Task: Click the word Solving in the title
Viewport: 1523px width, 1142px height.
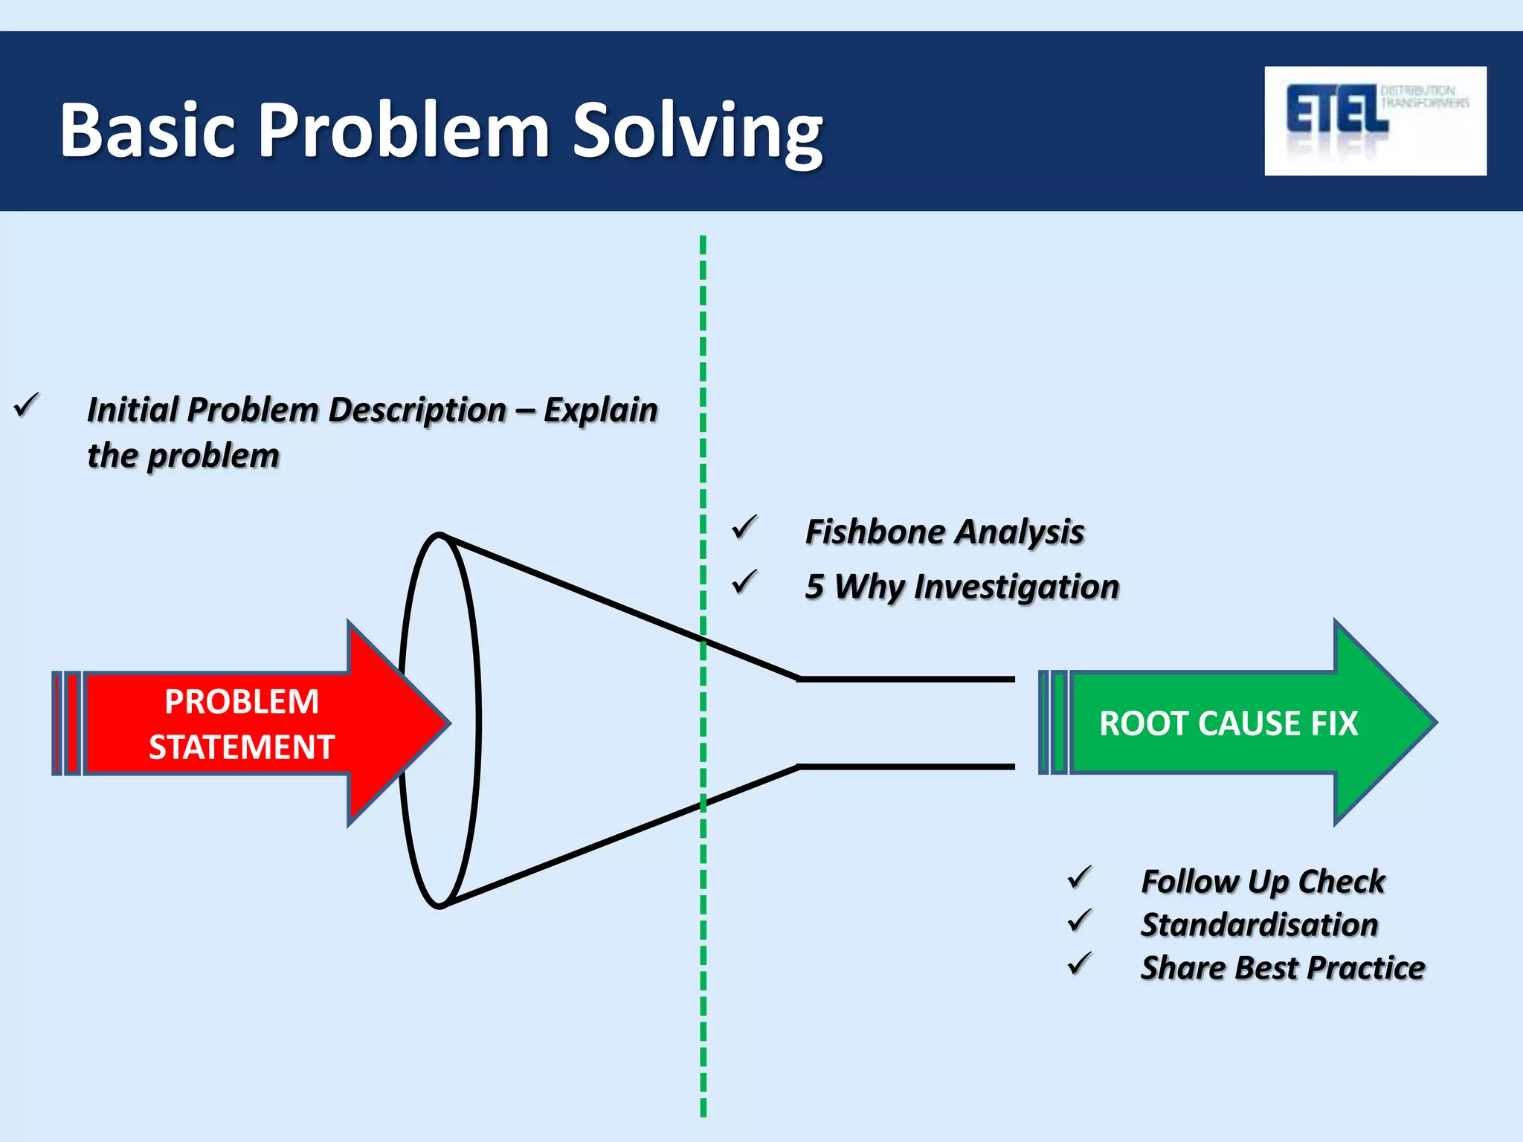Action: click(x=697, y=132)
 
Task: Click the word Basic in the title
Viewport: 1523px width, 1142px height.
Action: click(x=147, y=132)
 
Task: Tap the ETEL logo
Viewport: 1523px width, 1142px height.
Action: click(x=1374, y=120)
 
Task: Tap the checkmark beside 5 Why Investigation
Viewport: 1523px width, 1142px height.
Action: click(x=744, y=582)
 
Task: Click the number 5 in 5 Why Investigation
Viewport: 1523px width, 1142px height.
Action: click(x=814, y=587)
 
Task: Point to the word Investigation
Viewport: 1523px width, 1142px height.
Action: click(x=1016, y=587)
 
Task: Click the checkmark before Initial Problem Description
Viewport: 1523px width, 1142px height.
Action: click(x=27, y=405)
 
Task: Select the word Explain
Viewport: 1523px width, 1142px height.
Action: click(x=600, y=410)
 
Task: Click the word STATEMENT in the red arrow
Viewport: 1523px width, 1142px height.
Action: click(x=241, y=747)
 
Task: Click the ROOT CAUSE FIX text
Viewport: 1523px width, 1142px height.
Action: click(x=1228, y=723)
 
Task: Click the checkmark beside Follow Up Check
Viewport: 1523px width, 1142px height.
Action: click(x=1079, y=877)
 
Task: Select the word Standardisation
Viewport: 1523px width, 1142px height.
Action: click(x=1259, y=925)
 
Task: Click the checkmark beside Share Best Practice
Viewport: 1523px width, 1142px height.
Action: click(x=1079, y=964)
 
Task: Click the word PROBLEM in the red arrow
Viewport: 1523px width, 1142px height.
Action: click(x=241, y=702)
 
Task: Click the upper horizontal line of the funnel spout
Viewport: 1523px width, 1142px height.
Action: click(x=906, y=679)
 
